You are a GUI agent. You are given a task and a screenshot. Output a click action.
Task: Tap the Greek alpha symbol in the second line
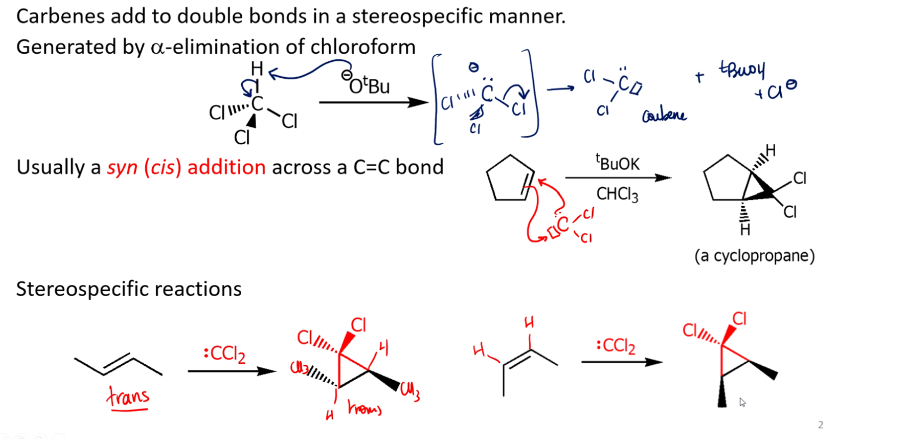158,48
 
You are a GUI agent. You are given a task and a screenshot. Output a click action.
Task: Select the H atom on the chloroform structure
257,69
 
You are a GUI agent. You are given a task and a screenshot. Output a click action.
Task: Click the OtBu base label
367,85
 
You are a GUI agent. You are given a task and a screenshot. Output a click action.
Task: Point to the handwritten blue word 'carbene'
664,115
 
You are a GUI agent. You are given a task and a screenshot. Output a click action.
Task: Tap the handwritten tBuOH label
742,69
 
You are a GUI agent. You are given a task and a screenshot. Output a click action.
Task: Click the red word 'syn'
122,168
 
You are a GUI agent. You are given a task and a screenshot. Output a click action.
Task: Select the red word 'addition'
226,167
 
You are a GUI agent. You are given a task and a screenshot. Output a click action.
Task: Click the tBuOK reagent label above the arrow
618,163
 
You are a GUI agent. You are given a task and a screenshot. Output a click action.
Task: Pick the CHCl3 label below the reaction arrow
617,194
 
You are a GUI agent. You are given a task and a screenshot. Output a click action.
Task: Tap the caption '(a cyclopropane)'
755,256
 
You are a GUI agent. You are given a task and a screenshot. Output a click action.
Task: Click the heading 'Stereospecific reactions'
129,289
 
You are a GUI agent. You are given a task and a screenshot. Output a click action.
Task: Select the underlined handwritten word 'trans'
128,397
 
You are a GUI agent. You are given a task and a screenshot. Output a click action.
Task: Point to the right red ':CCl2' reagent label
616,346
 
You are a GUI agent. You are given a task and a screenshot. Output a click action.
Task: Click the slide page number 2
821,425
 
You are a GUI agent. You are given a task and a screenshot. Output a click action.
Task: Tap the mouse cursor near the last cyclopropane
742,402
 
